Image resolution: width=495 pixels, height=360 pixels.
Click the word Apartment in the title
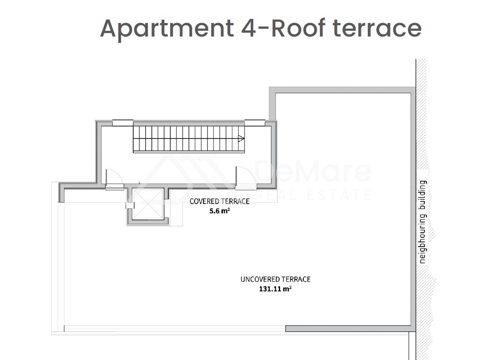167,29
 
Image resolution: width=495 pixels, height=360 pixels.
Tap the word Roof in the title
298,28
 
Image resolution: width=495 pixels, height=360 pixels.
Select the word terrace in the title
377,28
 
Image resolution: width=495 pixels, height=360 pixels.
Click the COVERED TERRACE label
219,201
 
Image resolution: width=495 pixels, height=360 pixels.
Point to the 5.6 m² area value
219,211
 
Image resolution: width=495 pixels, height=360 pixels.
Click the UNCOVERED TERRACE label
275,279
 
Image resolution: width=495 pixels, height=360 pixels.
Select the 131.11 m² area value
275,289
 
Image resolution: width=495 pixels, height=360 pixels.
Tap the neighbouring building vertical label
422,222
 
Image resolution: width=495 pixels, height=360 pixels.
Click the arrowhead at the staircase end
241,138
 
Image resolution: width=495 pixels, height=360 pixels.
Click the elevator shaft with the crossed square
148,204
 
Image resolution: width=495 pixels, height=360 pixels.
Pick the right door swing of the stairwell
245,178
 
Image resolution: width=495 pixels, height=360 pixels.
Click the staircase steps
189,138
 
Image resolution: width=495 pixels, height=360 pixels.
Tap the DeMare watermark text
313,171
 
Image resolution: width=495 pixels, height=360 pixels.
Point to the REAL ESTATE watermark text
313,195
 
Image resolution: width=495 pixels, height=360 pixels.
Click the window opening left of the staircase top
123,123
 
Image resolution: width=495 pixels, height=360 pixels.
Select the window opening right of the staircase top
255,123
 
